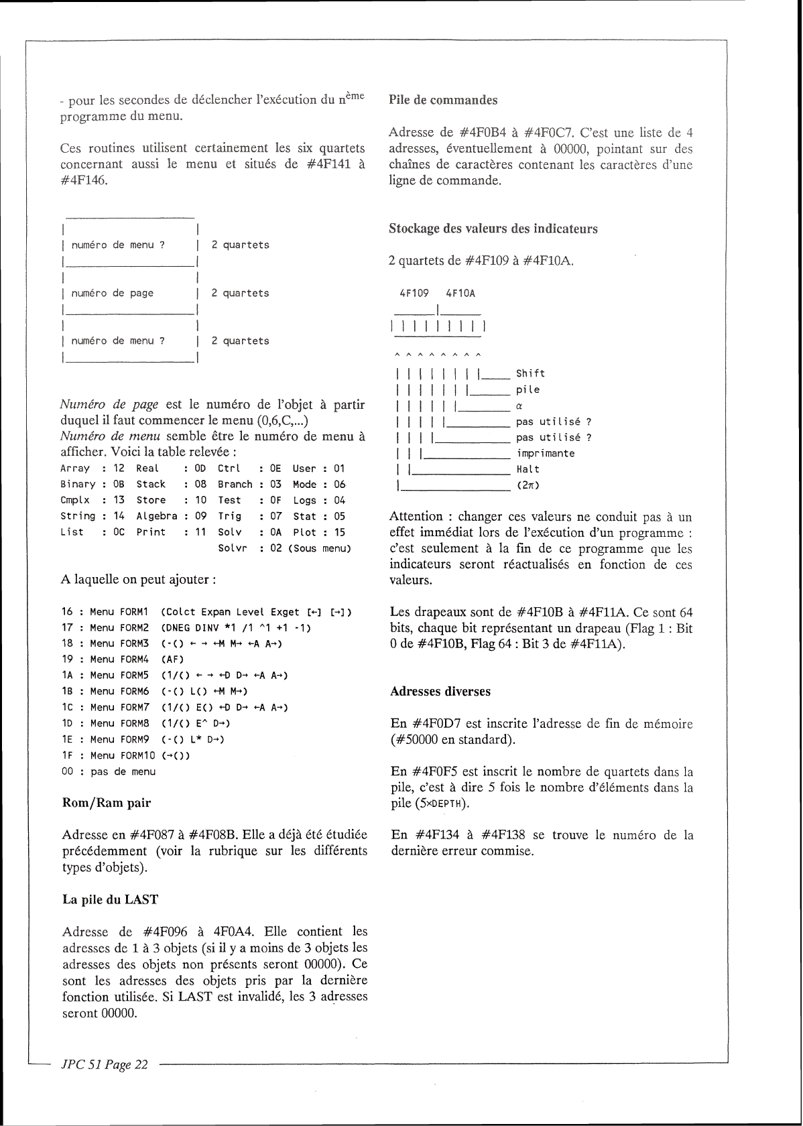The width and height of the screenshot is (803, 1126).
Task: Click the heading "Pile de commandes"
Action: pyautogui.click(x=443, y=101)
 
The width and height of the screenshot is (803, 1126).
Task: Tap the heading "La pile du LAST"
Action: pyautogui.click(x=111, y=899)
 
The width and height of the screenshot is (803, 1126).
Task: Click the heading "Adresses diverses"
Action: pyautogui.click(x=440, y=692)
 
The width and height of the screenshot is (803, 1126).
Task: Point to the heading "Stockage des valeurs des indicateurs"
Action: pyautogui.click(x=493, y=229)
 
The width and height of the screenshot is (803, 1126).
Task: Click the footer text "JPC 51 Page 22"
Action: pyautogui.click(x=104, y=1064)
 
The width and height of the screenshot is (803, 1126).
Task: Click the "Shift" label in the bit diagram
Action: pyautogui.click(x=530, y=373)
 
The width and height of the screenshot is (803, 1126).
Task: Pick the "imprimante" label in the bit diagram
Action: pyautogui.click(x=545, y=454)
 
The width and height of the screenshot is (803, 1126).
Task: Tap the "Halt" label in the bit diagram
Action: pyautogui.click(x=528, y=470)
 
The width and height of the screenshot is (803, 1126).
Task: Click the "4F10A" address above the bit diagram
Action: pyautogui.click(x=460, y=294)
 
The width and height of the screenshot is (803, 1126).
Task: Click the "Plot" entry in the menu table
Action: pyautogui.click(x=304, y=533)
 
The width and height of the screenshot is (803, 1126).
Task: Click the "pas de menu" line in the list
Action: pyautogui.click(x=123, y=772)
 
